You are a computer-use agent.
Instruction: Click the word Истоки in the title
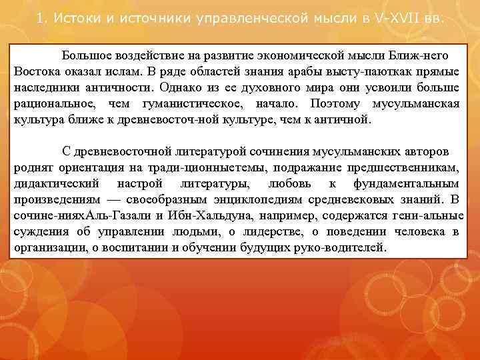point(75,17)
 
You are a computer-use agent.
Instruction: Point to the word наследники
point(44,87)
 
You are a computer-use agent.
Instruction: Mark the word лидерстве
point(258,232)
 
